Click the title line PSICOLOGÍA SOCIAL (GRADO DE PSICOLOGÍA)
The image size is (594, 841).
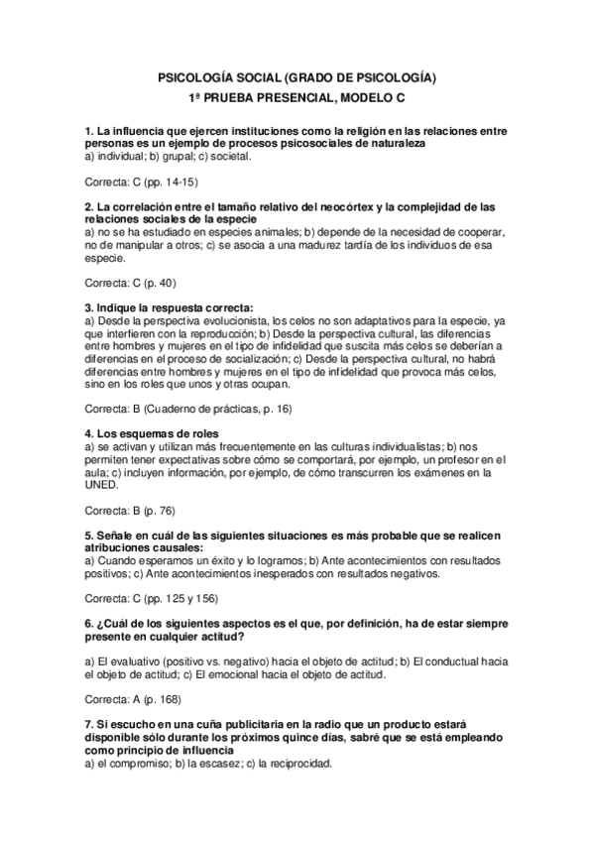(297, 77)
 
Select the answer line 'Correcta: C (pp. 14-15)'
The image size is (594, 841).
(143, 181)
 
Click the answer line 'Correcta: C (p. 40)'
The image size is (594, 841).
(130, 283)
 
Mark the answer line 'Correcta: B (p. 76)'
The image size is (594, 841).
(130, 510)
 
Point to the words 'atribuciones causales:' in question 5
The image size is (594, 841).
(144, 547)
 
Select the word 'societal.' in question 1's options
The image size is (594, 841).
(253, 156)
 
